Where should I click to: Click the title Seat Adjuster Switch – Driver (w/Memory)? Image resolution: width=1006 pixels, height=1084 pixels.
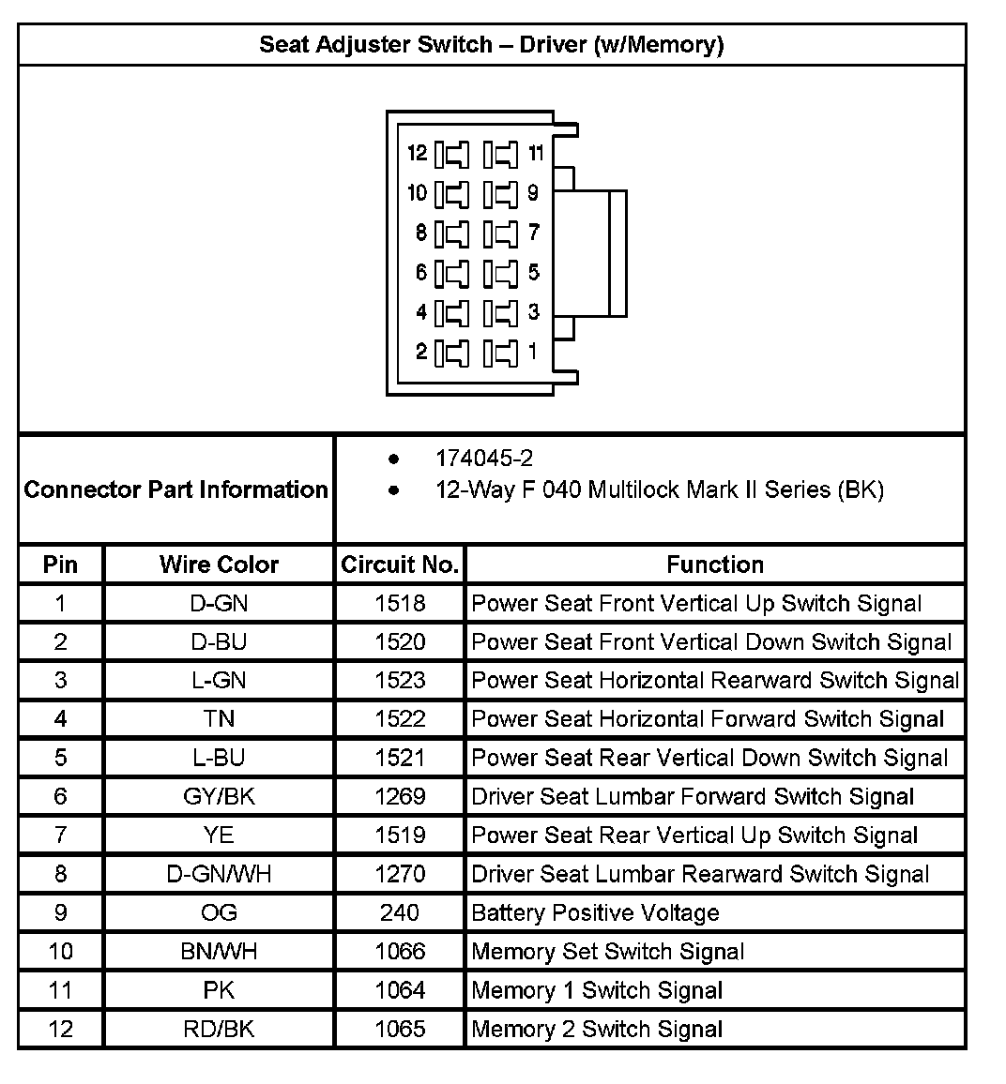pyautogui.click(x=491, y=44)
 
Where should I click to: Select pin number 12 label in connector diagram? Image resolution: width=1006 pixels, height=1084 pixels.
pyautogui.click(x=418, y=153)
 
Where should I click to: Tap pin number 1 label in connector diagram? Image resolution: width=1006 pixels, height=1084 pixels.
pyautogui.click(x=533, y=353)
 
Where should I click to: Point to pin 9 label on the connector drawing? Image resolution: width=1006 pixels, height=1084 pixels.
pyautogui.click(x=533, y=193)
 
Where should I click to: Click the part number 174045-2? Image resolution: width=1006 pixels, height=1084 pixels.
pyautogui.click(x=483, y=459)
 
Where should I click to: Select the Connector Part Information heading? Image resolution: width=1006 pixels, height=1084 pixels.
pyautogui.click(x=175, y=489)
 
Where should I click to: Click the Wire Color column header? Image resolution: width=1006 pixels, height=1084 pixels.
pyautogui.click(x=219, y=565)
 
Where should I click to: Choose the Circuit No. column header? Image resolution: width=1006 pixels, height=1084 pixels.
pyautogui.click(x=400, y=565)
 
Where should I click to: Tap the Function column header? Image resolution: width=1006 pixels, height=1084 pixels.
pyautogui.click(x=715, y=565)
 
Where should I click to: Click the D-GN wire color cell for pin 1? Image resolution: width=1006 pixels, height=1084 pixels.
pyautogui.click(x=219, y=604)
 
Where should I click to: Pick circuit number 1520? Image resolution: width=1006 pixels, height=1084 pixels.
pyautogui.click(x=400, y=642)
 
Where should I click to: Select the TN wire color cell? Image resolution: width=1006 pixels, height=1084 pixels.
pyautogui.click(x=219, y=719)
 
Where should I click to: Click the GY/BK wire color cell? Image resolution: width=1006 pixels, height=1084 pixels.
pyautogui.click(x=219, y=797)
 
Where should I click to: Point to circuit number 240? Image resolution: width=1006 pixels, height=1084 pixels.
pyautogui.click(x=400, y=912)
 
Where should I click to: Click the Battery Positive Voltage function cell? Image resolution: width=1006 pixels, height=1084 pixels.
pyautogui.click(x=595, y=912)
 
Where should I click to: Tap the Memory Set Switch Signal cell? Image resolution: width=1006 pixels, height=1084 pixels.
pyautogui.click(x=607, y=952)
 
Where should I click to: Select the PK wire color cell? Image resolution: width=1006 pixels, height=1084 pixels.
pyautogui.click(x=219, y=990)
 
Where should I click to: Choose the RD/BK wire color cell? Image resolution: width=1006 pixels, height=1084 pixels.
pyautogui.click(x=219, y=1029)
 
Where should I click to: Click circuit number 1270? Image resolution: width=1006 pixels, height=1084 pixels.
pyautogui.click(x=400, y=874)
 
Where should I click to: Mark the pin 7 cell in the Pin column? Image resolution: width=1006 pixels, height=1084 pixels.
pyautogui.click(x=61, y=836)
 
